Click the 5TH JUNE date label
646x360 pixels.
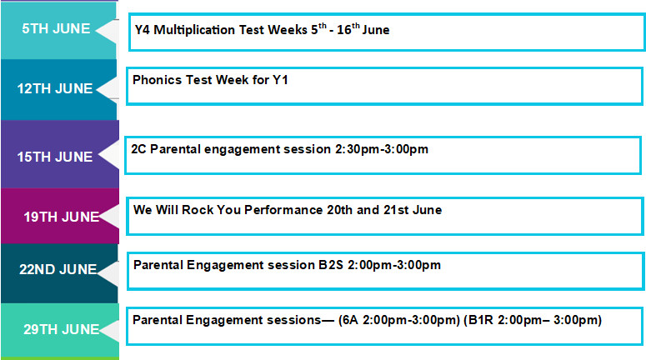point(56,28)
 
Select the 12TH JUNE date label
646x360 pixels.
point(55,88)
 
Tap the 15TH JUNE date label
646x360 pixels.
point(55,157)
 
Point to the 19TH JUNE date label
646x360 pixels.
point(62,217)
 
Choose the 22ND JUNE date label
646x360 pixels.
point(58,269)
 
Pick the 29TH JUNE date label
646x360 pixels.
point(62,329)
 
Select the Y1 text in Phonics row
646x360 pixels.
point(280,79)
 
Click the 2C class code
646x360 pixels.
point(138,149)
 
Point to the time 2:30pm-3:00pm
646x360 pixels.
point(382,149)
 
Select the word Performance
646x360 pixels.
point(283,210)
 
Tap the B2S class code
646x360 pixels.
point(331,265)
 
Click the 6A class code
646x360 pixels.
point(351,320)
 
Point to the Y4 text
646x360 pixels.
point(143,30)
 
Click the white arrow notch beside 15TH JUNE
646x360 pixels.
point(108,155)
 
